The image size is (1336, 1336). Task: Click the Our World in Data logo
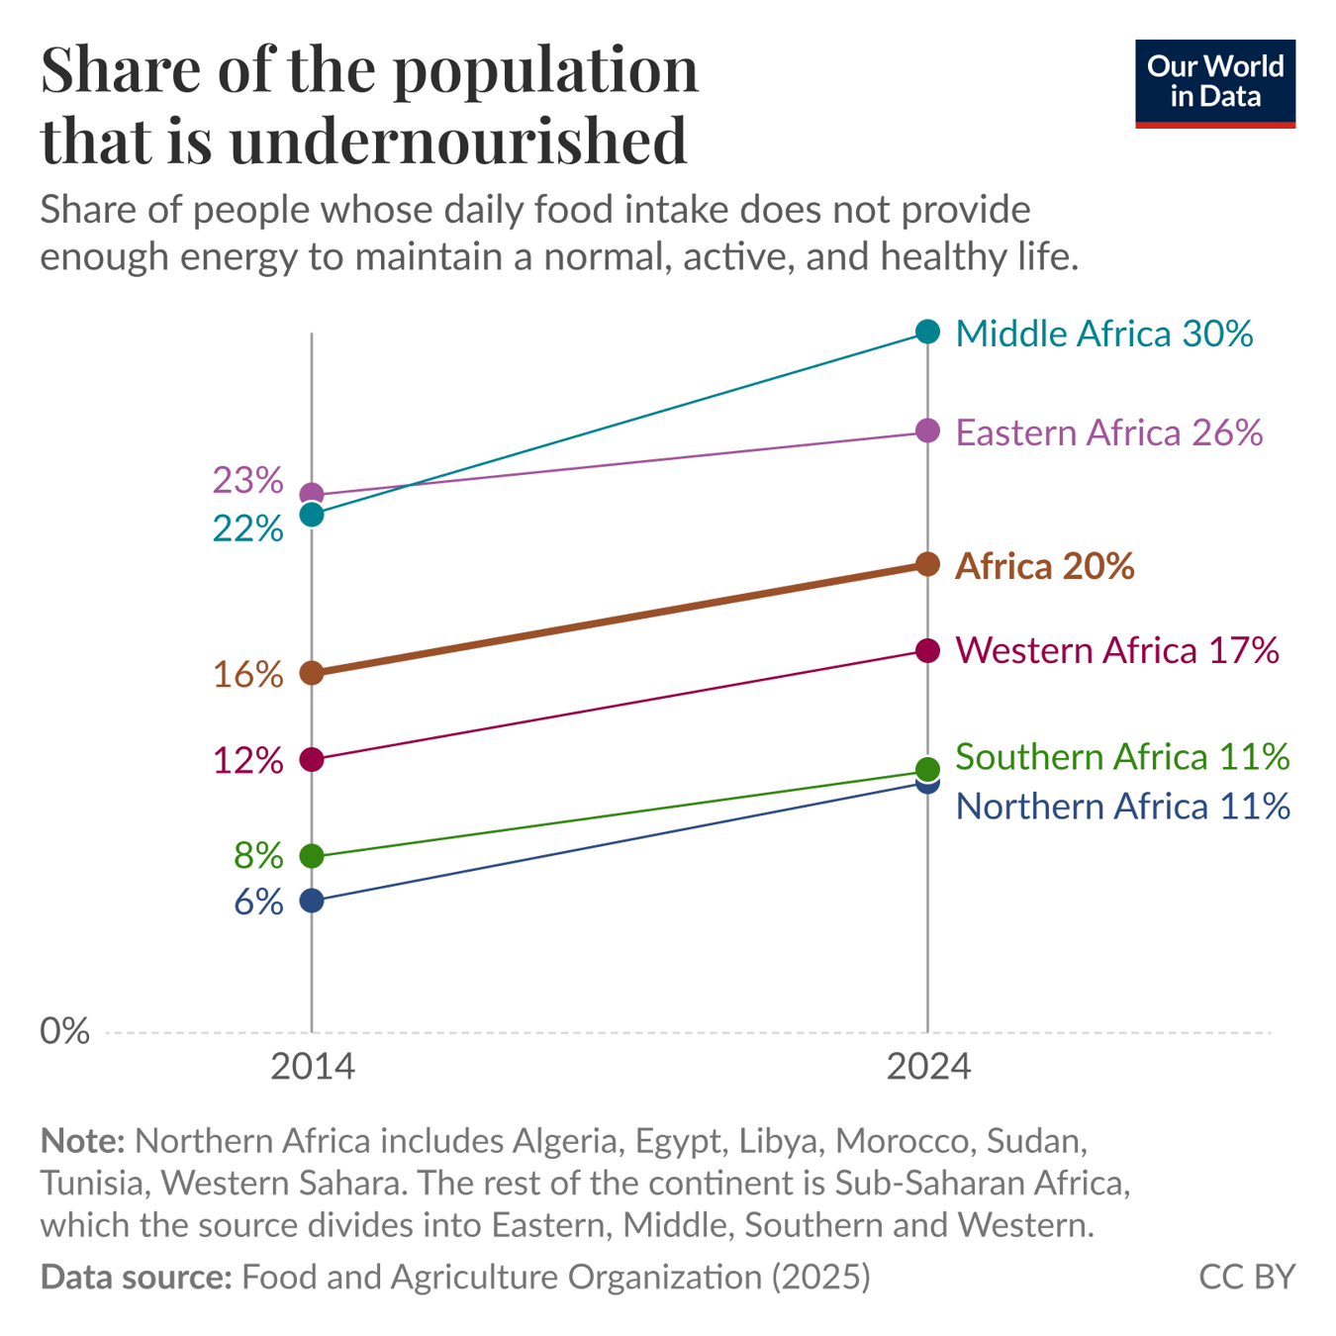(1214, 83)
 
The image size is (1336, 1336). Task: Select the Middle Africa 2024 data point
(927, 332)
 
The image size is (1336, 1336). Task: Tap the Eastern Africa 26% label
(1108, 433)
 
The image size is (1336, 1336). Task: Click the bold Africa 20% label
(1044, 566)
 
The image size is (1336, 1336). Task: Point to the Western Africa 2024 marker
(927, 650)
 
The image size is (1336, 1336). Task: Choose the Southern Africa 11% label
(1122, 757)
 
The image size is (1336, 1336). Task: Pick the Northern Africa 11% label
(1122, 807)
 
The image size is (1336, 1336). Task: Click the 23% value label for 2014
(248, 481)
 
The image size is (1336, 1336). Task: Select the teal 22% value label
(248, 529)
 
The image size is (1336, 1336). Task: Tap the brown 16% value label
(248, 675)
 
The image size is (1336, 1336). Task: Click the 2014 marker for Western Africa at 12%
(312, 759)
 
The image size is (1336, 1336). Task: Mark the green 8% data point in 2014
(312, 856)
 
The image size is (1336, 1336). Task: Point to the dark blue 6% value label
(259, 903)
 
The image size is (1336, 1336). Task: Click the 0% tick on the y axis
(64, 1031)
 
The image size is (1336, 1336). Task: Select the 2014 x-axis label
(312, 1067)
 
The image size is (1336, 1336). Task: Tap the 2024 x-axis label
(927, 1067)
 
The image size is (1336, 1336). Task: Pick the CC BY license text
(1246, 1277)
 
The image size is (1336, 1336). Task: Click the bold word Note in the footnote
(81, 1141)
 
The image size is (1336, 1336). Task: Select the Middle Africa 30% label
(1104, 334)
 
